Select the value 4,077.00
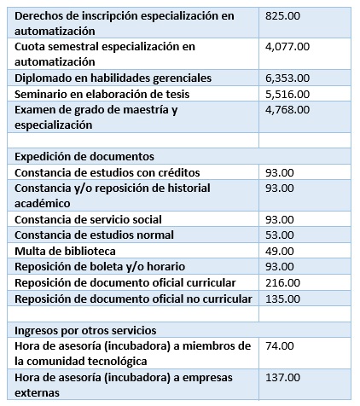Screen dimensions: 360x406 pos(287,46)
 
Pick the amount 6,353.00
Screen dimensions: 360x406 pos(287,77)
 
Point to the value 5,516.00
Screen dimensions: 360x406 pos(287,93)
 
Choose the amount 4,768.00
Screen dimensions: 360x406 pos(287,109)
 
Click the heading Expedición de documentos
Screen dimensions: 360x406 pos(85,156)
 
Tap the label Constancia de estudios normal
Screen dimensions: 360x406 pos(95,235)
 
